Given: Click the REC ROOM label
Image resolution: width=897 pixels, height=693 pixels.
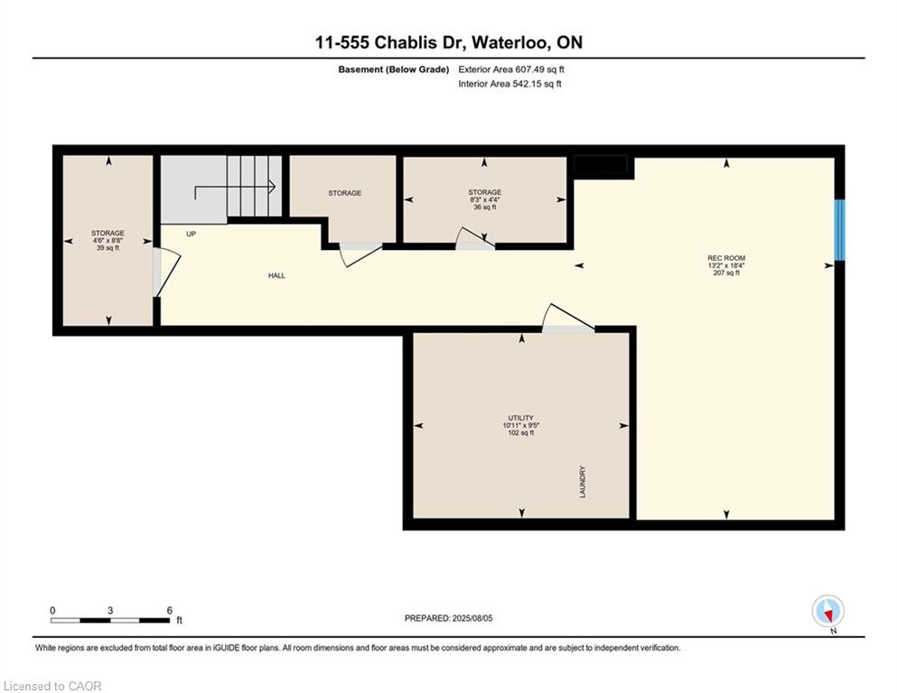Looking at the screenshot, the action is (726, 258).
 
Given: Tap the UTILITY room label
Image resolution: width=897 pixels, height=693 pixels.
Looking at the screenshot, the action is (520, 418).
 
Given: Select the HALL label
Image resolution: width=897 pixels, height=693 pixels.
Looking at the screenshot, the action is (277, 275).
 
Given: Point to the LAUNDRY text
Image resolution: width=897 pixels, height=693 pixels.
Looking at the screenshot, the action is (583, 482).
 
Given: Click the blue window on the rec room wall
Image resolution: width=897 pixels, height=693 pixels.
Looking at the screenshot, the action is (839, 230).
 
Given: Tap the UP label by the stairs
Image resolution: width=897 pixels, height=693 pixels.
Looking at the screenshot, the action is (192, 234).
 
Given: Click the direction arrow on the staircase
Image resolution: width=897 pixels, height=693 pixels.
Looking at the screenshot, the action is (235, 190).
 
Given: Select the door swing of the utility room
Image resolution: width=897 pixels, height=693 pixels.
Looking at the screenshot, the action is (567, 318).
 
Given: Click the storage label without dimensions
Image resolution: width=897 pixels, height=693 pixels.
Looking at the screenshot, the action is (344, 193).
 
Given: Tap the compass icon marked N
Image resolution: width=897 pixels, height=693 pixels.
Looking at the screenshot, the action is (827, 612).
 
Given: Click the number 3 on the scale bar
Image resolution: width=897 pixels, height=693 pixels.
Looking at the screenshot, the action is (110, 610).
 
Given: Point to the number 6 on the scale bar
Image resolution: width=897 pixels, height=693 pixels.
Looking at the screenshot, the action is (169, 610).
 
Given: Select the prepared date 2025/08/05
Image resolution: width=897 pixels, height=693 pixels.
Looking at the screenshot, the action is (472, 618).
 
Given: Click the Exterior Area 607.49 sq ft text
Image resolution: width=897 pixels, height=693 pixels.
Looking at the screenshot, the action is (511, 69).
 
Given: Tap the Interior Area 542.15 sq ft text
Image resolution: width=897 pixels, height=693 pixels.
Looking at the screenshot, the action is (509, 84).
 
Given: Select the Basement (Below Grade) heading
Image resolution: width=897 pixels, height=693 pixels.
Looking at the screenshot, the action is (394, 69).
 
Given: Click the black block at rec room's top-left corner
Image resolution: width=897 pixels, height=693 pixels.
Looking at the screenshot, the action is (601, 165).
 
